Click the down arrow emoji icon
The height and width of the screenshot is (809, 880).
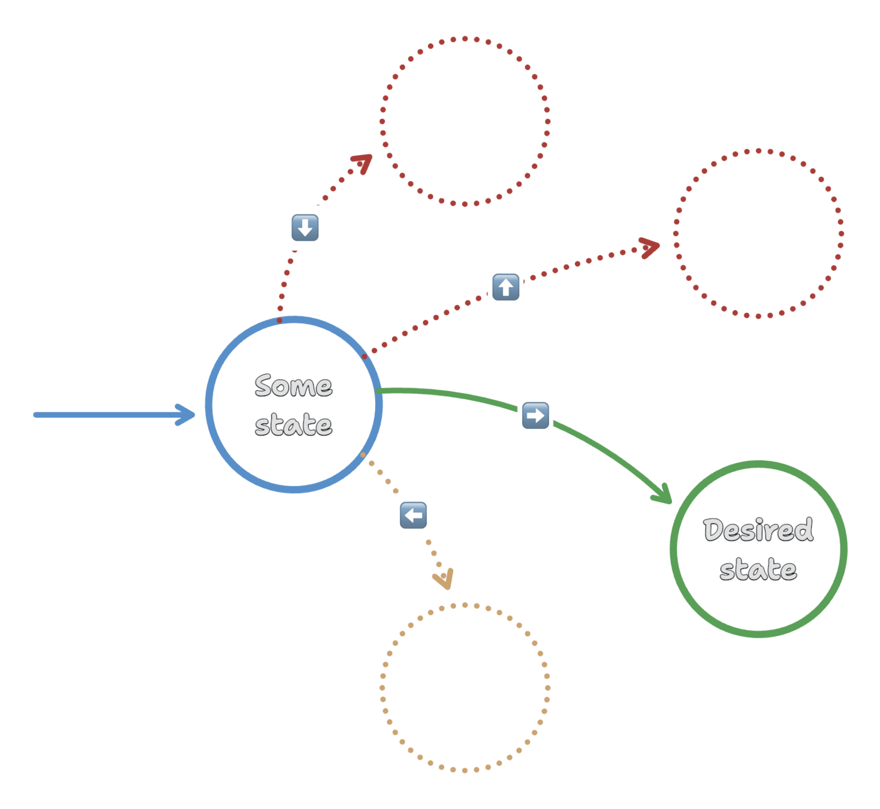(x=305, y=228)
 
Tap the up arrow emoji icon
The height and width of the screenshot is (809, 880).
(x=505, y=287)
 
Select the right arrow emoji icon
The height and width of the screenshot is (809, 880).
(x=535, y=415)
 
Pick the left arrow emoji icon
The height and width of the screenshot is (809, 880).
(x=414, y=515)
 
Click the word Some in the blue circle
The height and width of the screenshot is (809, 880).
(x=293, y=386)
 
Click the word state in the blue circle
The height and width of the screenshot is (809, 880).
(x=293, y=425)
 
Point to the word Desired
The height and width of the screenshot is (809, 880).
(x=758, y=530)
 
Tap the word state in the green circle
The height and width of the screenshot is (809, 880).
(x=758, y=569)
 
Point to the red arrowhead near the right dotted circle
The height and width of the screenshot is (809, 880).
(x=650, y=246)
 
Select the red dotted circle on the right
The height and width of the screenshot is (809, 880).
(x=758, y=233)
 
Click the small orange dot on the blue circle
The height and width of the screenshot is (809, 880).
(x=363, y=455)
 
